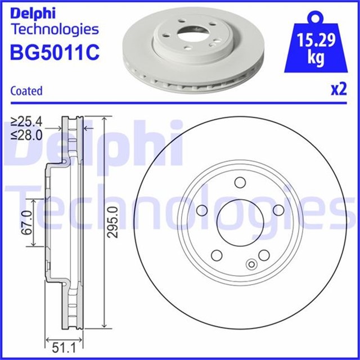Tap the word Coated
tap(26, 91)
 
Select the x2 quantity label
tap(337, 90)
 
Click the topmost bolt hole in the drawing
tap(240, 182)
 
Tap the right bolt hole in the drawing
tap(278, 209)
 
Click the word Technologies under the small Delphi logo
tap(55, 29)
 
